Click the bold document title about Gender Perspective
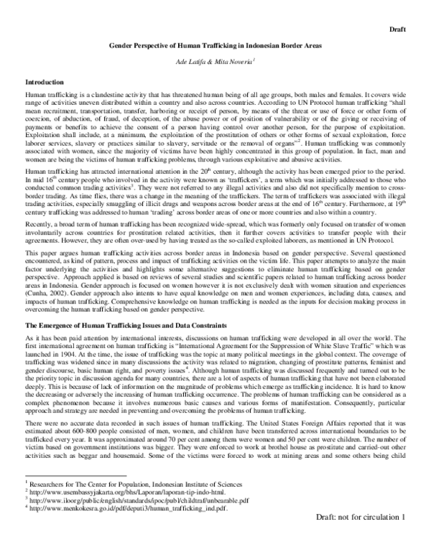(215, 45)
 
